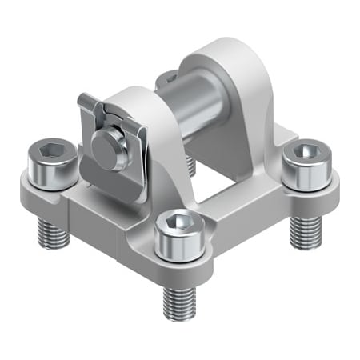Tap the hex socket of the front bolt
[x=177, y=218]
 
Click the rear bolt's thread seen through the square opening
[x=190, y=164]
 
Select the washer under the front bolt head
[x=177, y=254]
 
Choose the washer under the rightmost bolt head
[x=305, y=186]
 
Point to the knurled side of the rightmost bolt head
[x=305, y=170]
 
